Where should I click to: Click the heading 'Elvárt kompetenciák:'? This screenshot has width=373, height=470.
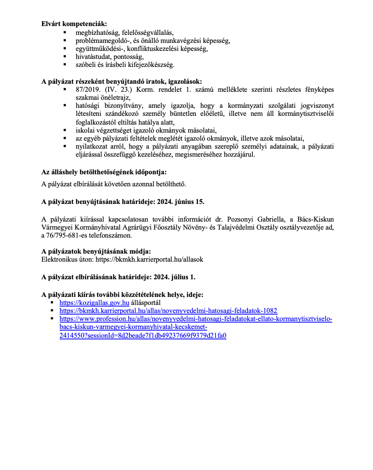(74, 24)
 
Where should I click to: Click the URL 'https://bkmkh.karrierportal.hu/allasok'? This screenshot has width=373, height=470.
(149, 259)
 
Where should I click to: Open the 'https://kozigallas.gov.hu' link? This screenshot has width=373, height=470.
(94, 303)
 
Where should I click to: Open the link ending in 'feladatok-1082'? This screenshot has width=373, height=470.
(168, 311)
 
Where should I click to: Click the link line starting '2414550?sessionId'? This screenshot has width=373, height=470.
(143, 335)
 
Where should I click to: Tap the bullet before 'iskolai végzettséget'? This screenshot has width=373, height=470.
(65, 130)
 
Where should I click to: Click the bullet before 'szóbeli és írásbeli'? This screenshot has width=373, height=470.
(65, 64)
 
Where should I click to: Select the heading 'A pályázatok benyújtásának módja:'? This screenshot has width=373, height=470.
(96, 251)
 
